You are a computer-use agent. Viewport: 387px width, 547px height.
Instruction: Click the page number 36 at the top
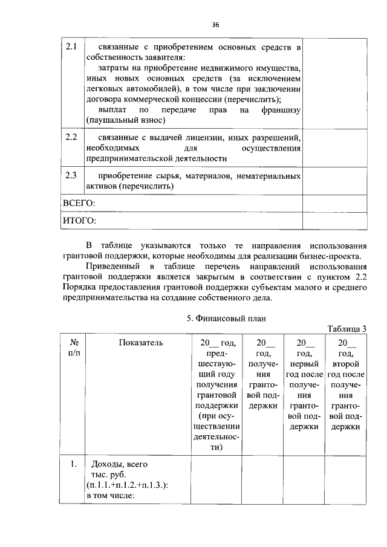tap(215, 25)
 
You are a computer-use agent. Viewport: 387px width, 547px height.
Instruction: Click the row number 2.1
tap(71, 47)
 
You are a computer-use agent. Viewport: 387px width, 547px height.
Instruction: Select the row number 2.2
tap(71, 137)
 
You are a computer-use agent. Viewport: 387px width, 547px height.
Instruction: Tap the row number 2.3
tap(71, 176)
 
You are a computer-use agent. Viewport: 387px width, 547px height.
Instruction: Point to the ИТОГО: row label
tap(79, 221)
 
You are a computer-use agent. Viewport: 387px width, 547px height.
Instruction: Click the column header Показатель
tap(140, 343)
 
